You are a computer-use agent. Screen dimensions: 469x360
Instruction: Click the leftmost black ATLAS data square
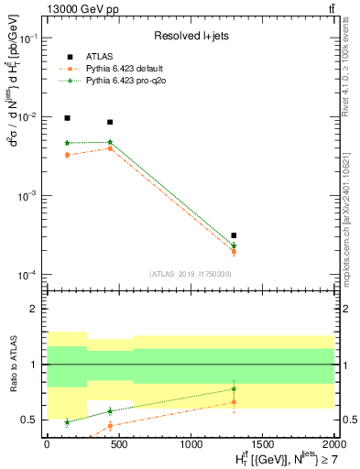67,118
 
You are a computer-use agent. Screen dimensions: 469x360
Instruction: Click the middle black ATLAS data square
110,122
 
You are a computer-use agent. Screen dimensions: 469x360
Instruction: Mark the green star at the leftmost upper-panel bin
67,143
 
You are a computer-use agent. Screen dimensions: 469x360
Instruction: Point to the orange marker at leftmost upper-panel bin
67,155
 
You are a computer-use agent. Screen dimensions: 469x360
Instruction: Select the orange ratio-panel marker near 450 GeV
110,425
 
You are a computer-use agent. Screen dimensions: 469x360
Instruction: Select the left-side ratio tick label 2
34,310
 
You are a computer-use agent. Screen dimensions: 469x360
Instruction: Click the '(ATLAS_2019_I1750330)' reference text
190,273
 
